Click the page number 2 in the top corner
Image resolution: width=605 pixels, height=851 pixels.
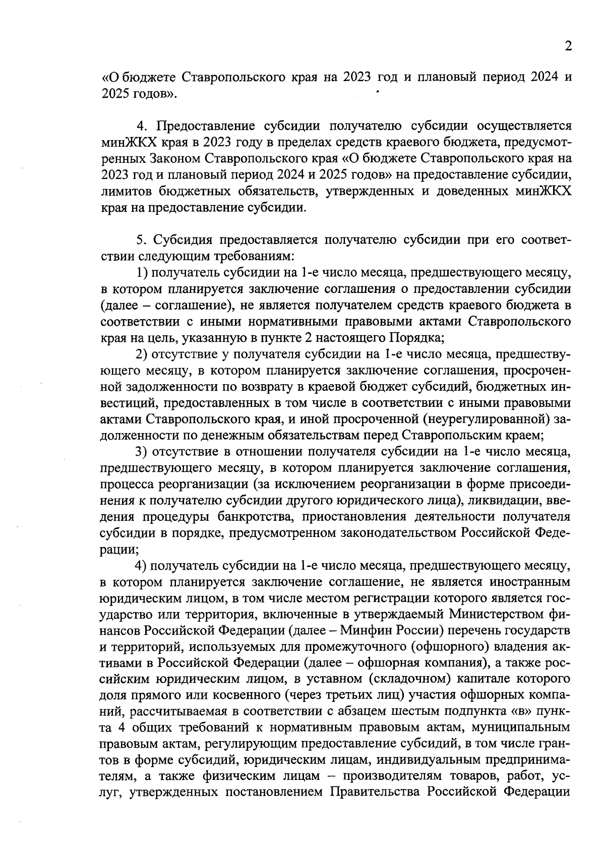pyautogui.click(x=568, y=47)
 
